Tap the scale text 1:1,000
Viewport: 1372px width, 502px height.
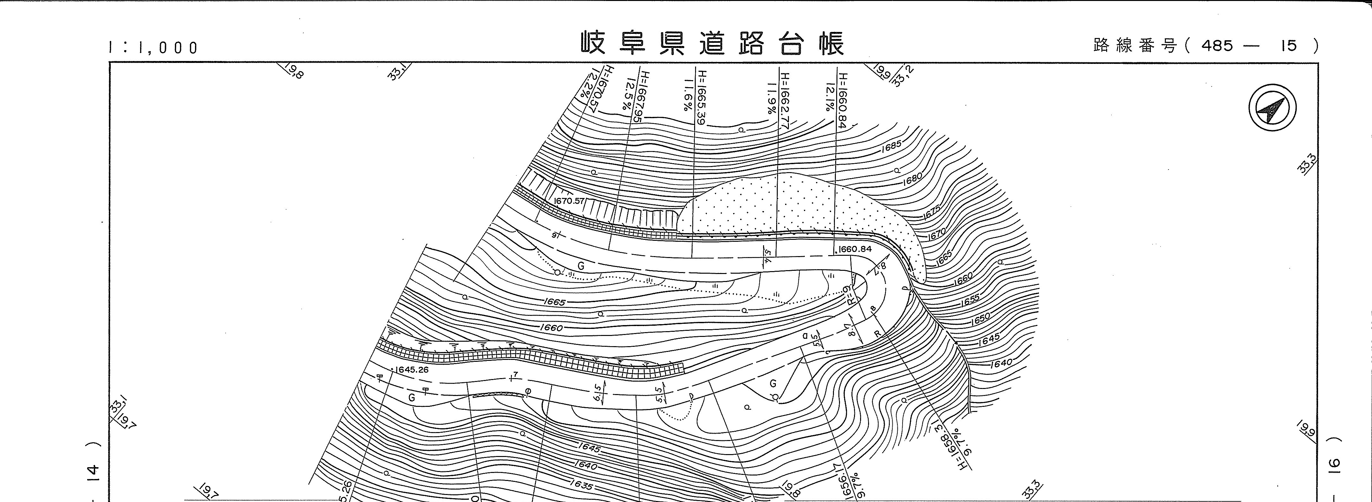click(153, 48)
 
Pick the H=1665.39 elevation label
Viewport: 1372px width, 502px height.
click(702, 97)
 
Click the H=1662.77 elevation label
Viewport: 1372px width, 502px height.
click(785, 97)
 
